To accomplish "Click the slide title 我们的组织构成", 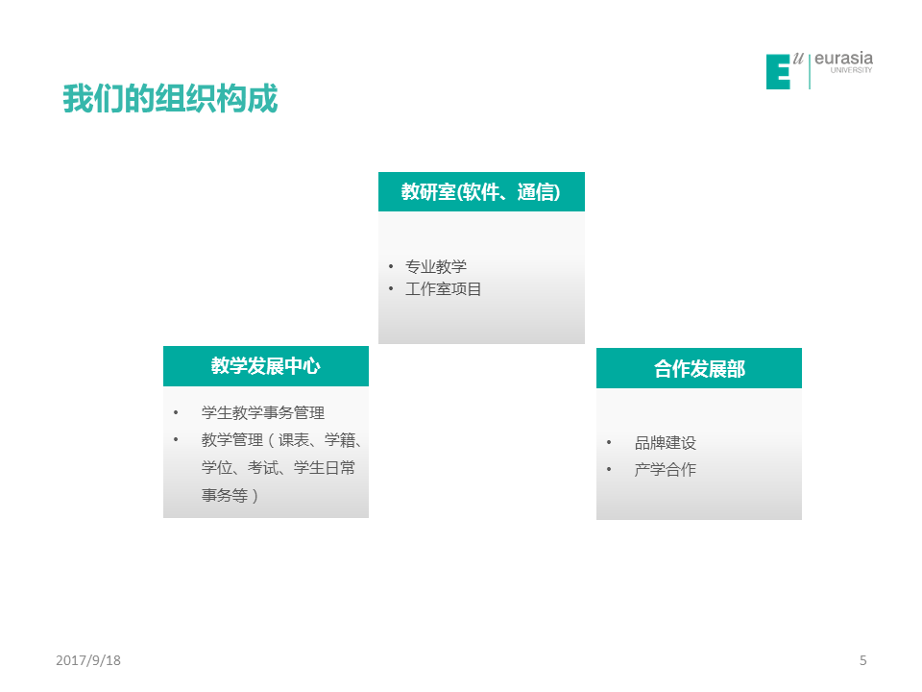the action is [x=171, y=98].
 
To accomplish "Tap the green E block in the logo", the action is [x=778, y=72].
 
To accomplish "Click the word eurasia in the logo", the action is [x=844, y=59].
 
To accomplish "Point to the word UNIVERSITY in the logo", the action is [x=851, y=70].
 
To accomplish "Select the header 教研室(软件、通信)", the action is [x=481, y=192].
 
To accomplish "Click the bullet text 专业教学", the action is [x=436, y=266].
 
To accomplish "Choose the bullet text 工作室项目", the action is [x=444, y=289].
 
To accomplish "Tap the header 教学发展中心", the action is [x=266, y=366].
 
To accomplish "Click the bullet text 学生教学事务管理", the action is [x=263, y=412].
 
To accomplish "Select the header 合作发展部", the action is [x=699, y=369].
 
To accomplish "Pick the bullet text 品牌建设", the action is [x=665, y=442].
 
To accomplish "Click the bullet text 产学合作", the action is [x=665, y=469].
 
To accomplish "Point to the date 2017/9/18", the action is [x=88, y=660].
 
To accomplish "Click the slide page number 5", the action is [x=862, y=660].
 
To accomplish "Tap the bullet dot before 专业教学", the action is [x=391, y=266].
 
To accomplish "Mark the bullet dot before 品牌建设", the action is [x=609, y=442].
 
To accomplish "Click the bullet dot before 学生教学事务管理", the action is [x=176, y=412].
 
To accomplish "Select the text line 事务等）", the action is [x=230, y=496].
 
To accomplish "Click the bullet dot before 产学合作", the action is [x=609, y=469].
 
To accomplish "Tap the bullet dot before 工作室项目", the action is [x=391, y=289].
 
